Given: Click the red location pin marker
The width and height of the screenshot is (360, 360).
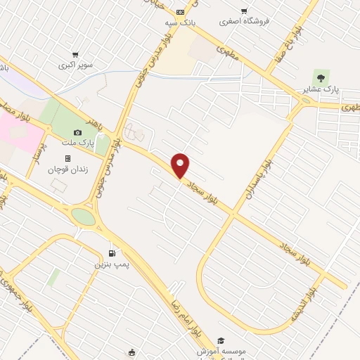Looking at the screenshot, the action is click(181, 166).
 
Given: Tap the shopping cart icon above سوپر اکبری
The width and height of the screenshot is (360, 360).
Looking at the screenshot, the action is click(75, 54).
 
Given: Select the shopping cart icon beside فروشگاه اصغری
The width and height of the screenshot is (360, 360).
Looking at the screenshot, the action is click(244, 11).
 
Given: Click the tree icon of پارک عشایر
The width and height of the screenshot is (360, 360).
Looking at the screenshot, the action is click(321, 78).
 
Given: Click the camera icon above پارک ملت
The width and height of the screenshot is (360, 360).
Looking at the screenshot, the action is click(77, 132).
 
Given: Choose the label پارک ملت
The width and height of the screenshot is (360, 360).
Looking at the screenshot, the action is click(79, 143).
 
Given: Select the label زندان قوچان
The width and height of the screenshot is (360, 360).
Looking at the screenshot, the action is click(65, 169).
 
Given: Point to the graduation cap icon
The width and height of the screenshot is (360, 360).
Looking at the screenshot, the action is click(221, 341).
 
